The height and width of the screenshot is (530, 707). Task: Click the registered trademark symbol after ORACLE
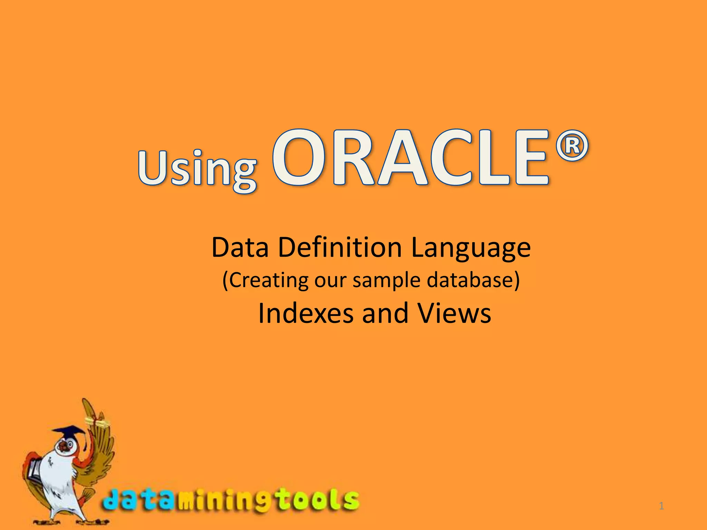(x=572, y=146)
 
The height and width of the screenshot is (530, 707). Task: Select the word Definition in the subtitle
(x=340, y=247)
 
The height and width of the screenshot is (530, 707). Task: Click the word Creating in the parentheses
(x=268, y=280)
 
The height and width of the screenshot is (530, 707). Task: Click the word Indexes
(x=306, y=313)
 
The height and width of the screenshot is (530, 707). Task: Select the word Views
(x=454, y=313)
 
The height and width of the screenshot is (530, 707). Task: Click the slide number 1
(x=661, y=506)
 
